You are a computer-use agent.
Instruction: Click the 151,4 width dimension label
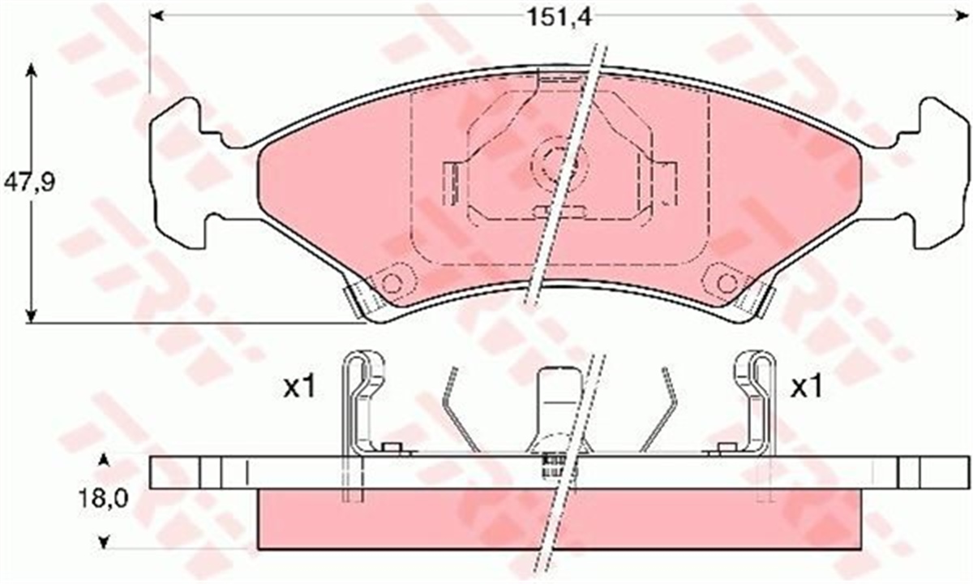tap(559, 18)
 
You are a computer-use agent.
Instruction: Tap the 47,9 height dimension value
tap(30, 182)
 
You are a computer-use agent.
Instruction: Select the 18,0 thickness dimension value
tap(104, 499)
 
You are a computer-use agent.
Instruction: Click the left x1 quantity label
tap(299, 387)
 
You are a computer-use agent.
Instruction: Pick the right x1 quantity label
tap(806, 387)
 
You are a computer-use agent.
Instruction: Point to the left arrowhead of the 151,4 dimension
tap(156, 16)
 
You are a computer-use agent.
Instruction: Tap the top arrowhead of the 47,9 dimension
tap(31, 70)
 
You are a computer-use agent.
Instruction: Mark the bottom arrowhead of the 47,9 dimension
tap(31, 316)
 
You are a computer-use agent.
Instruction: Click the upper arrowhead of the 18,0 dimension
tap(104, 460)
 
